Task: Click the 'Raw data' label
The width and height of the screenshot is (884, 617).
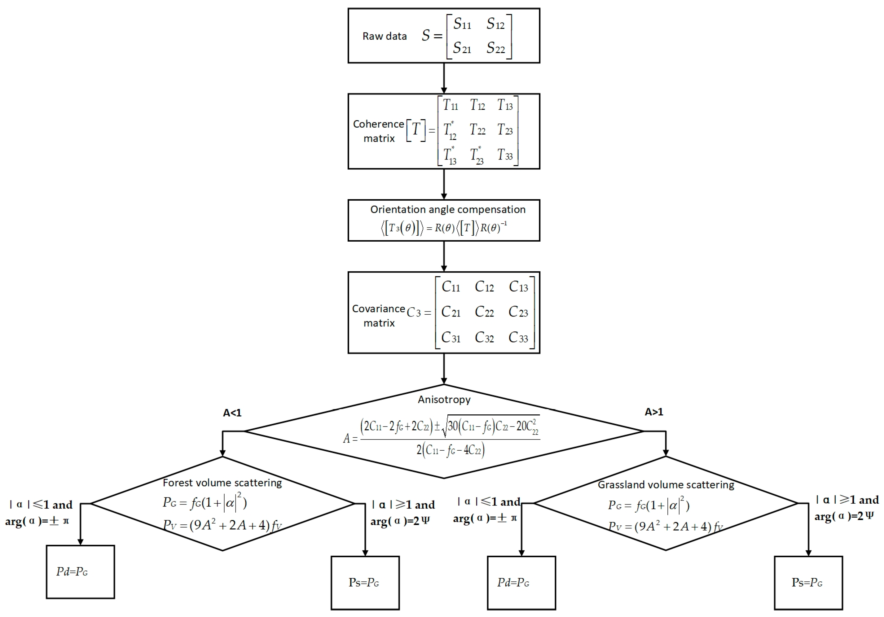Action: (x=384, y=36)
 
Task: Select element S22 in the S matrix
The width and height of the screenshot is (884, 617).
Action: (x=495, y=48)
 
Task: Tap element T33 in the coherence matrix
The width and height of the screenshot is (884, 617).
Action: (x=505, y=155)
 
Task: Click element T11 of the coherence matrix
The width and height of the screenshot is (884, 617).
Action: (x=450, y=105)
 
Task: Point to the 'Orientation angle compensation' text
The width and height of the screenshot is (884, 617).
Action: (x=447, y=209)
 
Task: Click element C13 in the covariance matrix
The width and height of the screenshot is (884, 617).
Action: (x=518, y=287)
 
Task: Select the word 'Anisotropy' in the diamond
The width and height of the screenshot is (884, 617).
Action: (x=444, y=400)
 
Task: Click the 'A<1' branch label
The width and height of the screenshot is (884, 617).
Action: (x=232, y=413)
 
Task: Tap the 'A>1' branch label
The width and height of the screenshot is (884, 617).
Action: (x=654, y=412)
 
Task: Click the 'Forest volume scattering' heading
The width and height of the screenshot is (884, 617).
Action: (x=222, y=483)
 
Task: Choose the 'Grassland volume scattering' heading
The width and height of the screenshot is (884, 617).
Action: (x=666, y=485)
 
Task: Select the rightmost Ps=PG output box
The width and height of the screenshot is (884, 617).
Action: (x=808, y=583)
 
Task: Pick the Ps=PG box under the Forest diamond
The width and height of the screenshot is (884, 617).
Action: (x=365, y=583)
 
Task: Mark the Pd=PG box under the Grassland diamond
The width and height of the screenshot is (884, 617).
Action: (x=521, y=583)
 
